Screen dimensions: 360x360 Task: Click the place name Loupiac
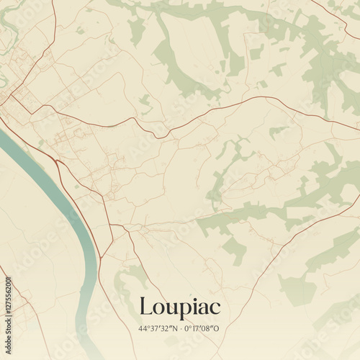tap(180, 307)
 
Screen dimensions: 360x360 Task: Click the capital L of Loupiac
tap(145, 307)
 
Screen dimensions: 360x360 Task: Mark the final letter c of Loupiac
tap(215, 309)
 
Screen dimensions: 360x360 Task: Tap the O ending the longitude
tap(220, 329)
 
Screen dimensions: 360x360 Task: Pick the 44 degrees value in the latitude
tap(143, 329)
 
